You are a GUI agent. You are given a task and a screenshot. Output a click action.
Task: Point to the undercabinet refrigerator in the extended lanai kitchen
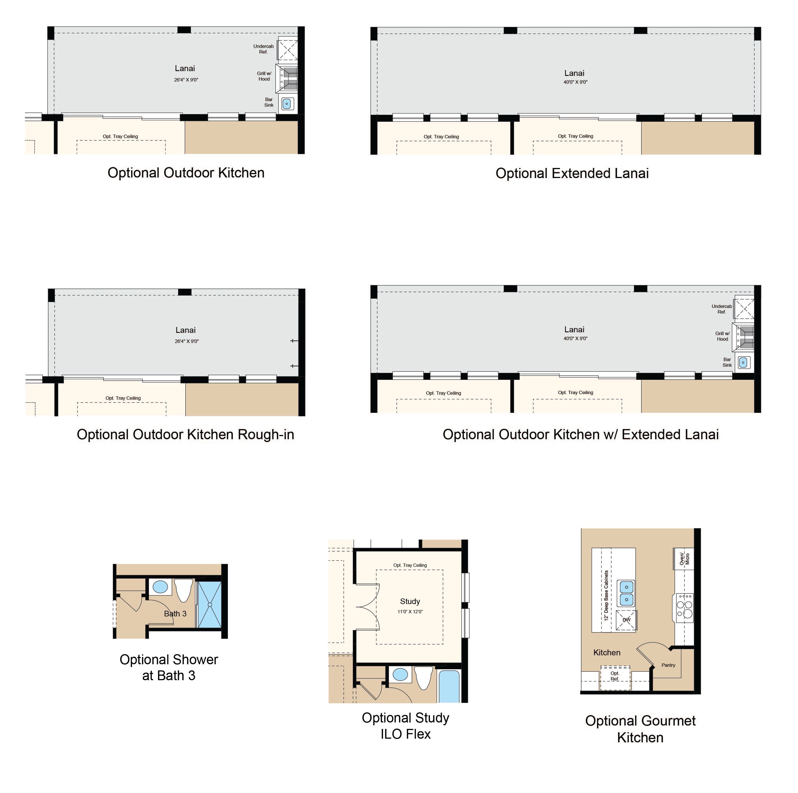click(744, 308)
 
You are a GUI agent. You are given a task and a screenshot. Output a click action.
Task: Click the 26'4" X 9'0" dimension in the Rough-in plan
click(187, 341)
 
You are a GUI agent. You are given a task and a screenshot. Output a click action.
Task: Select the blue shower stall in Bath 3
click(210, 604)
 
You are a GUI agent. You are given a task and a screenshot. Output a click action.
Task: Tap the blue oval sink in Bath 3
click(160, 586)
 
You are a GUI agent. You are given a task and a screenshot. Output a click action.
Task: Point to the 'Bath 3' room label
click(175, 614)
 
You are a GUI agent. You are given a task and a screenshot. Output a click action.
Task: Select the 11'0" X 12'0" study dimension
click(410, 612)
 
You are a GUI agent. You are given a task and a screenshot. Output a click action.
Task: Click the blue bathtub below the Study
click(449, 687)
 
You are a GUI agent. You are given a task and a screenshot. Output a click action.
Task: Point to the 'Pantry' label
click(668, 665)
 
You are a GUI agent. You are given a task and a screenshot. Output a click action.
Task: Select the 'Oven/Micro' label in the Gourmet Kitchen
click(684, 559)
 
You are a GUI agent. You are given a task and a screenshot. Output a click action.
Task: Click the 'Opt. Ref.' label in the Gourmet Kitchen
click(615, 676)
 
